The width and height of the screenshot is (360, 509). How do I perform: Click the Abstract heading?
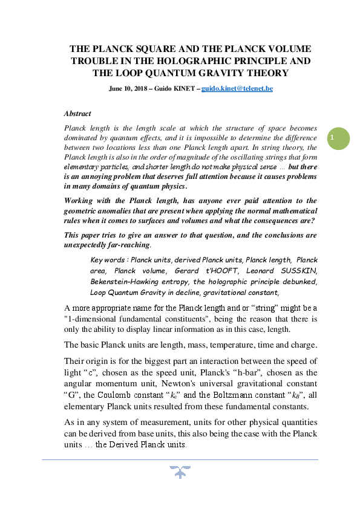coord(77,113)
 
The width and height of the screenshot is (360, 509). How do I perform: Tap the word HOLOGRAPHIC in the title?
coord(207,61)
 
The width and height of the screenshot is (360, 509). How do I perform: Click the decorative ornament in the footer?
coord(180,472)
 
